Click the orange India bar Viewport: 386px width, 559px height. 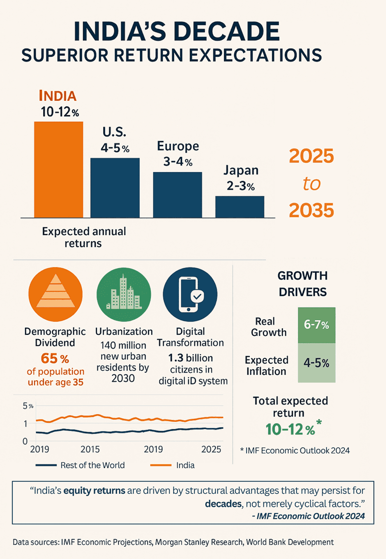pos(59,169)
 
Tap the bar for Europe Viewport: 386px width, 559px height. pos(177,194)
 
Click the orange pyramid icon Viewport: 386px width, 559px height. pos(56,293)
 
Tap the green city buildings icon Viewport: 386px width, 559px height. pos(123,293)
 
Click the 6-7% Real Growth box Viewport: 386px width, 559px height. pos(316,325)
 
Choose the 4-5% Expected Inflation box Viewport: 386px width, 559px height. pos(316,363)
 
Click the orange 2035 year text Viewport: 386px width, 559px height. pos(311,210)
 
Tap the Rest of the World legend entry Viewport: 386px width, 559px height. pos(80,465)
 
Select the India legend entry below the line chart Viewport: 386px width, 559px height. pos(173,465)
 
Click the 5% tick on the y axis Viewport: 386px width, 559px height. pos(28,406)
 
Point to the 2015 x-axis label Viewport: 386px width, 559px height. pos(90,449)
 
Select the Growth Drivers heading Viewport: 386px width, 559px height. pos(302,283)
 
